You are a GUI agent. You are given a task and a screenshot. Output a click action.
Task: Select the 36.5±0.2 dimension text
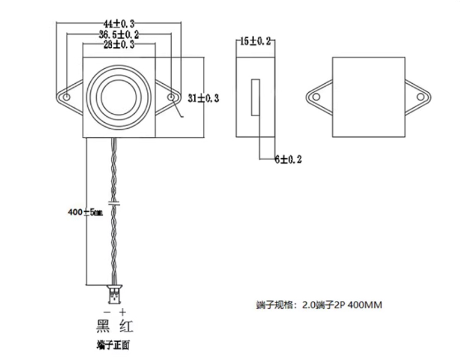(119, 34)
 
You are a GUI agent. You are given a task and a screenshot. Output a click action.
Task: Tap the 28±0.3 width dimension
(119, 44)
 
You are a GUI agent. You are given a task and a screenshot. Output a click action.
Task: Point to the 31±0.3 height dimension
(203, 99)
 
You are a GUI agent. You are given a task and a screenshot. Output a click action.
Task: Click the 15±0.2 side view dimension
(256, 41)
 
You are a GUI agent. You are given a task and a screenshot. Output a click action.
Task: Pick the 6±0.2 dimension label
(288, 159)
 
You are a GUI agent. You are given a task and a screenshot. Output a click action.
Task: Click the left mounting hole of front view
(67, 96)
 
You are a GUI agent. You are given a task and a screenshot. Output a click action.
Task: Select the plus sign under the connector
(122, 311)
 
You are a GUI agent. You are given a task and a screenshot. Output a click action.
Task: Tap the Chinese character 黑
(104, 326)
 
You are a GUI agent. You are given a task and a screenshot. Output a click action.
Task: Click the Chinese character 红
(126, 326)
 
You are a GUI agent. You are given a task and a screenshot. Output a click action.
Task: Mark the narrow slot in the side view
(255, 97)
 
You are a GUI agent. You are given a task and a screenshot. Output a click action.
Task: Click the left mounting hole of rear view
(316, 96)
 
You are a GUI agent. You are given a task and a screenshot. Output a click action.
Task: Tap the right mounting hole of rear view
(421, 96)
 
